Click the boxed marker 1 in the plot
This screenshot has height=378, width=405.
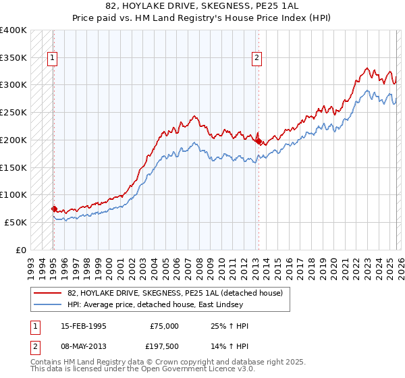click(x=53, y=59)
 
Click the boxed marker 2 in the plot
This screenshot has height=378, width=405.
click(x=257, y=59)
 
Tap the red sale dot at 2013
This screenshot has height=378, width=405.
click(x=259, y=141)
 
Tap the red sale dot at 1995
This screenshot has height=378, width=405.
click(x=54, y=209)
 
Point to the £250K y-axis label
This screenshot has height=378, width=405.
click(x=13, y=112)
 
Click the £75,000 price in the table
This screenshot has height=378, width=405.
click(x=164, y=326)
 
